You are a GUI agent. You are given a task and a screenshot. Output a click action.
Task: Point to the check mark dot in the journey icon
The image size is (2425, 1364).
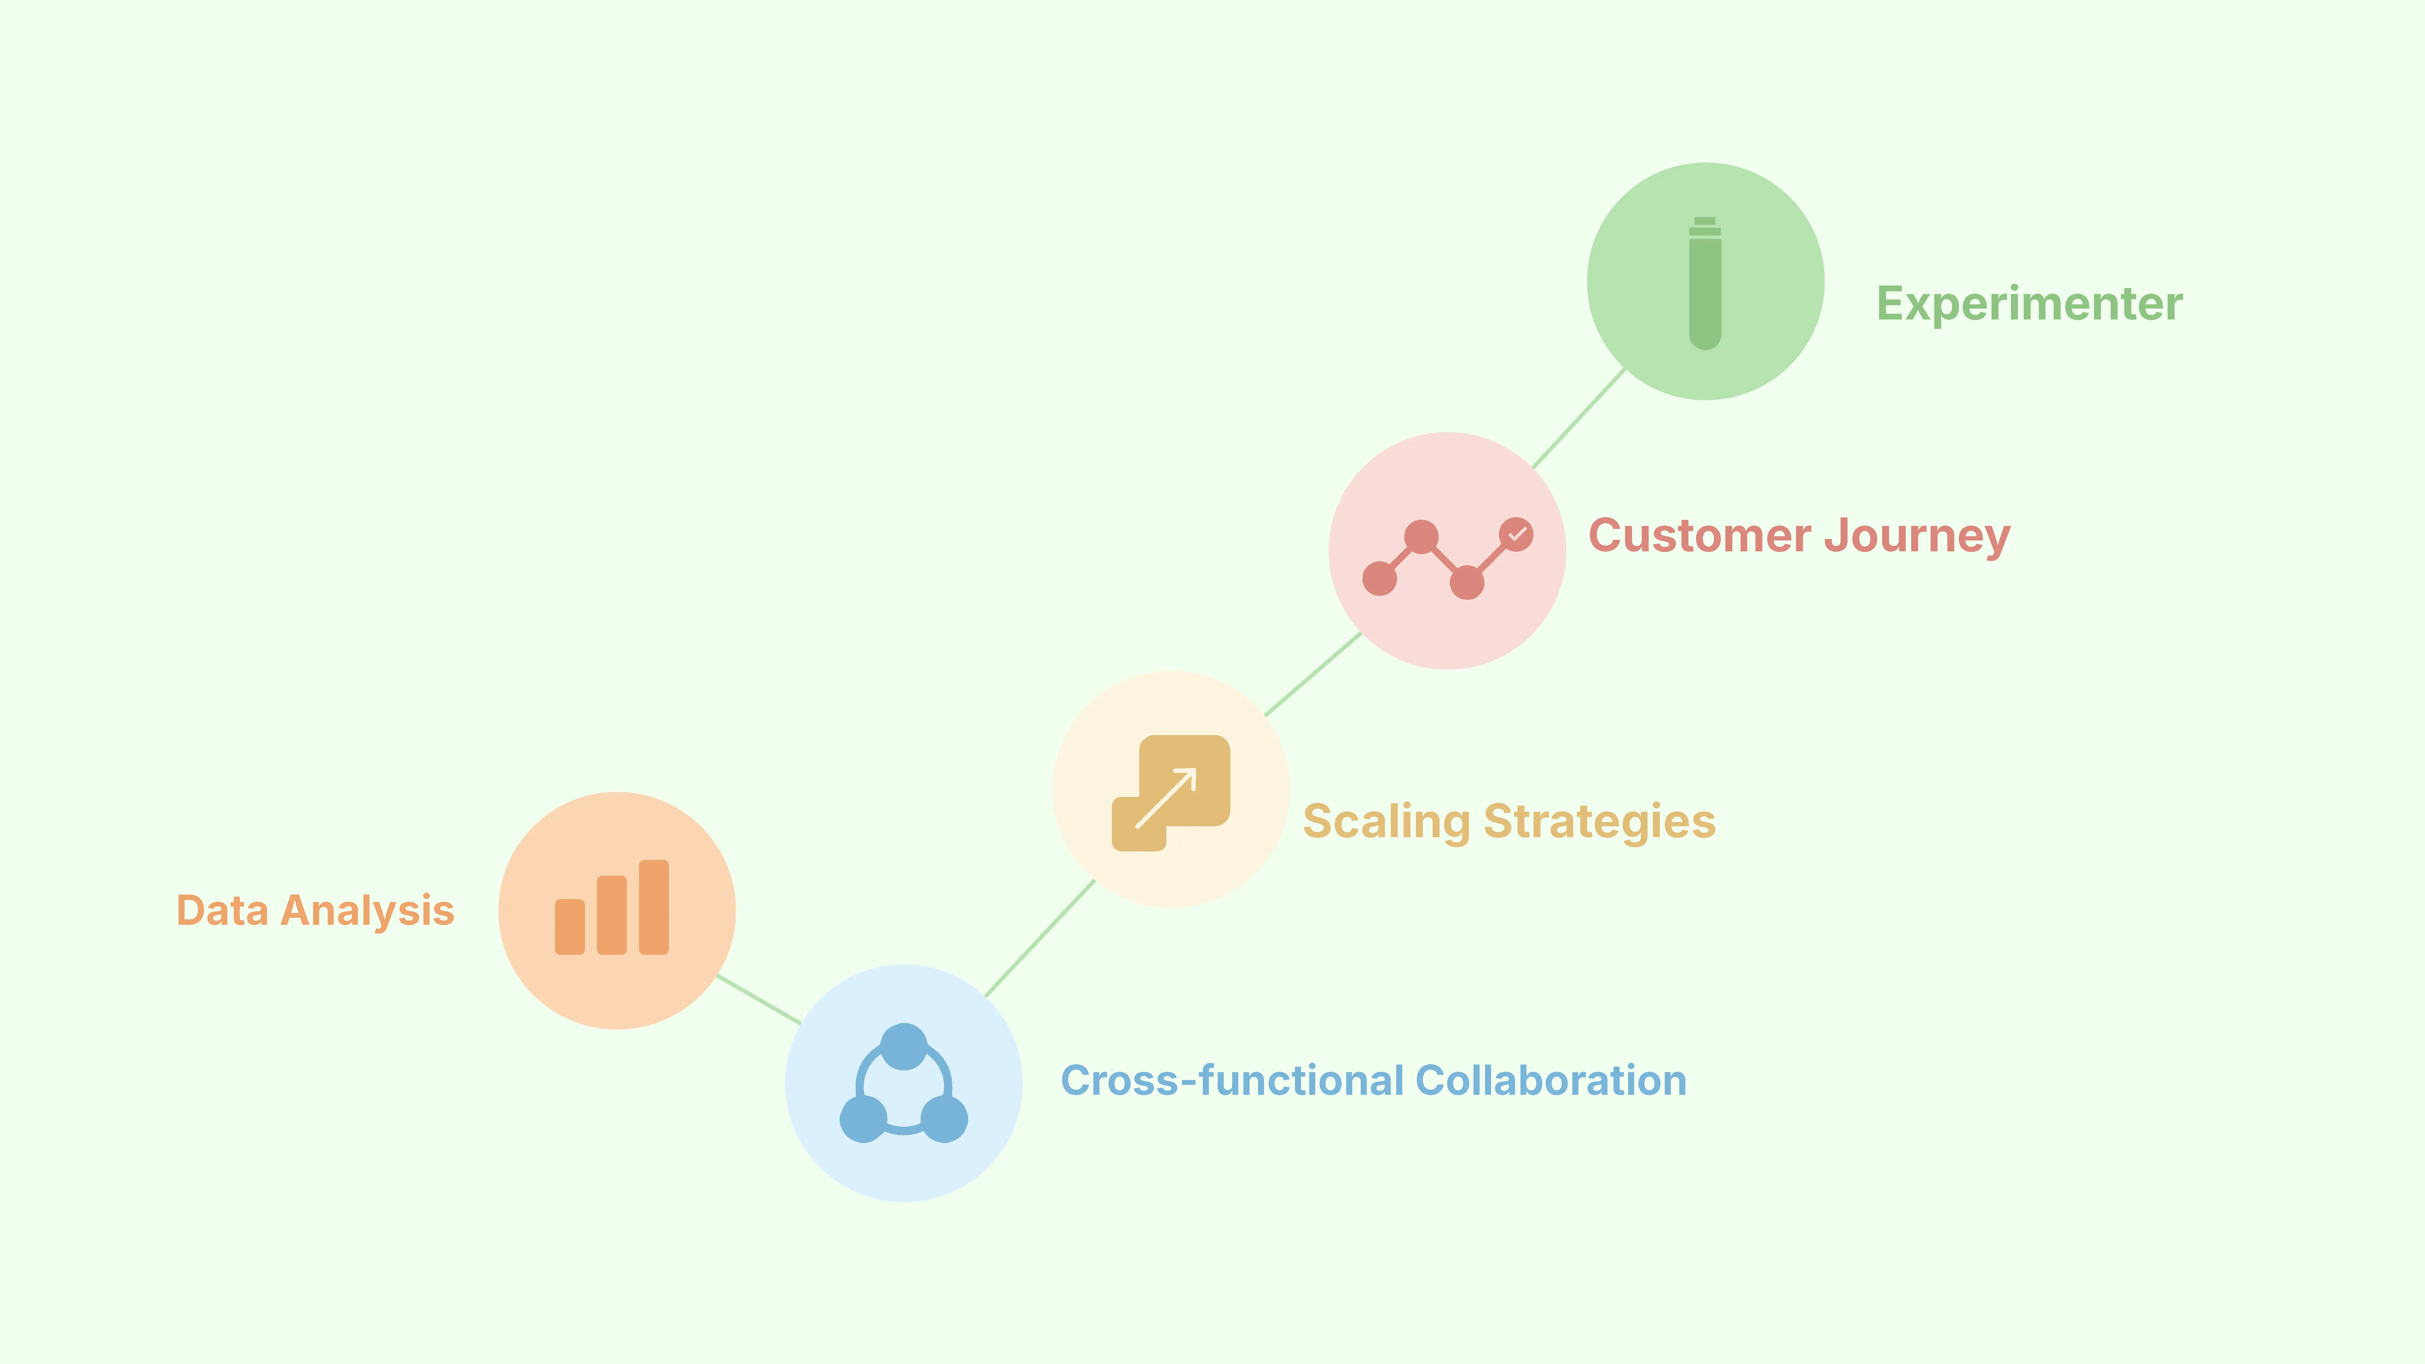tap(1516, 534)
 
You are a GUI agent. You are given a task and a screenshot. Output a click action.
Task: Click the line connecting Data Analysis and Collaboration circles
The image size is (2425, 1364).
tap(759, 1000)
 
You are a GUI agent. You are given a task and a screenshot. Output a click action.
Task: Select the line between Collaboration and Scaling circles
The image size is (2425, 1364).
tap(1039, 938)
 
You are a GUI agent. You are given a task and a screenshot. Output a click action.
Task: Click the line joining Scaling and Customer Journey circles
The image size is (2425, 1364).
tap(1313, 674)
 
